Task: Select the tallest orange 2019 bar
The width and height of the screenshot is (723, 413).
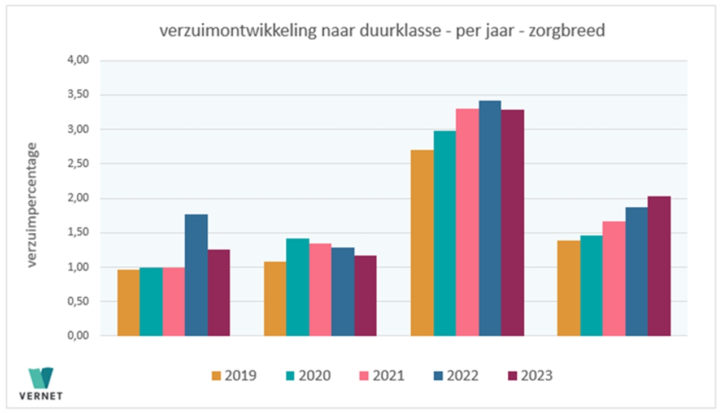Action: click(x=422, y=243)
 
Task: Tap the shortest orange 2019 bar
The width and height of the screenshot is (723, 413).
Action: click(x=128, y=302)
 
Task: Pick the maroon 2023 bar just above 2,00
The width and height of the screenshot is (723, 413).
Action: click(x=659, y=266)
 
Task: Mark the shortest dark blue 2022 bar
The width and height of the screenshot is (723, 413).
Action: click(x=343, y=292)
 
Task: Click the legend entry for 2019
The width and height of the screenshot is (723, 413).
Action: click(x=234, y=376)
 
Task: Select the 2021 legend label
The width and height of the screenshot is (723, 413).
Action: click(x=388, y=376)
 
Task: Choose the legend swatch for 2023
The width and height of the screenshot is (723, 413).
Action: click(x=513, y=376)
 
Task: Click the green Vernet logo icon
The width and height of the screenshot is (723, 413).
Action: click(x=41, y=377)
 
